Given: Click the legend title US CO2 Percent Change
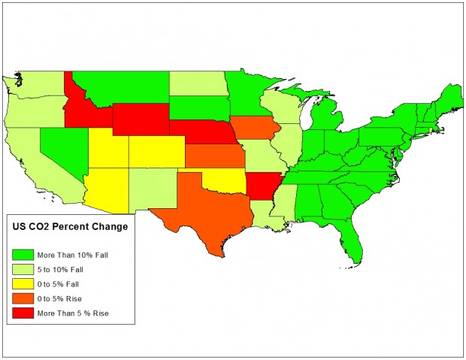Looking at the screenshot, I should (68, 226).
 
